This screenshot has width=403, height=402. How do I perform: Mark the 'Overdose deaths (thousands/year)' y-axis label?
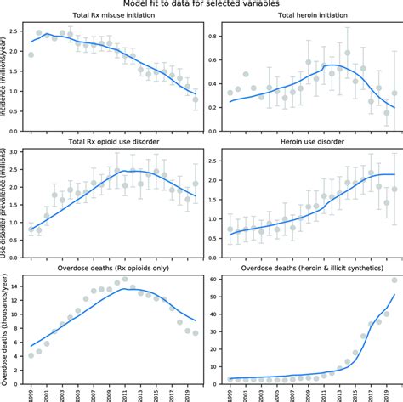click(x=7, y=328)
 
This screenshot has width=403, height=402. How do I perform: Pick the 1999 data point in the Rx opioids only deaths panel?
click(x=31, y=355)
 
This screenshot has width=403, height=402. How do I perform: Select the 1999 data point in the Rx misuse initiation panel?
click(x=31, y=54)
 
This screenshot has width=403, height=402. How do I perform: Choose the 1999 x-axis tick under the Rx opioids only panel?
click(x=31, y=393)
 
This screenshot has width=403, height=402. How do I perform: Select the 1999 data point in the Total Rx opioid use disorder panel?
click(x=31, y=229)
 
